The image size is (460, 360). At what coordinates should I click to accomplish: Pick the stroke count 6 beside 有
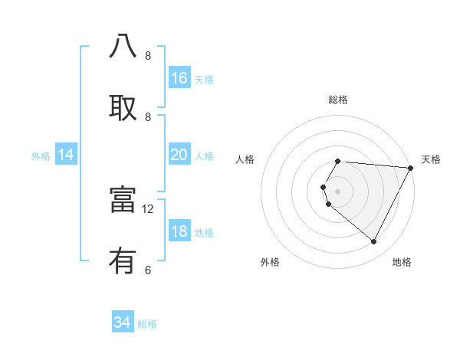tap(148, 270)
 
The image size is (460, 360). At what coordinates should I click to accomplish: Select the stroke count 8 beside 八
tap(148, 56)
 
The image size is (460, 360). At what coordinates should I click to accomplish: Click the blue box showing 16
tap(179, 78)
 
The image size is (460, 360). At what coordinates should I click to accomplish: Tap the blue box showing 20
tap(179, 155)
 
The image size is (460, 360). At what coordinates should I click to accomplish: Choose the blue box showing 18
tap(179, 232)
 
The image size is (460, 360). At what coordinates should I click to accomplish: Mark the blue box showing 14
tap(66, 155)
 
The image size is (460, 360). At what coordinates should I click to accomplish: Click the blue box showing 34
tap(123, 323)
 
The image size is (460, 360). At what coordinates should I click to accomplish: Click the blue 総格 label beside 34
tap(147, 324)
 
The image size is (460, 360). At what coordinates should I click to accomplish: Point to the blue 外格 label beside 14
tap(41, 156)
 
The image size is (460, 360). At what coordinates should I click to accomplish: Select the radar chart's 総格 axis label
tap(338, 100)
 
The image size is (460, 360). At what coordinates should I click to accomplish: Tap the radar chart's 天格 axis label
tap(431, 159)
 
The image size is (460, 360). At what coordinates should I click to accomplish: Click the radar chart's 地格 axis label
tap(402, 262)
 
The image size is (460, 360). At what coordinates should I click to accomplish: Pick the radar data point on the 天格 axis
tap(411, 168)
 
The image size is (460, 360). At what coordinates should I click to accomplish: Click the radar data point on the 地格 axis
tap(374, 242)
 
